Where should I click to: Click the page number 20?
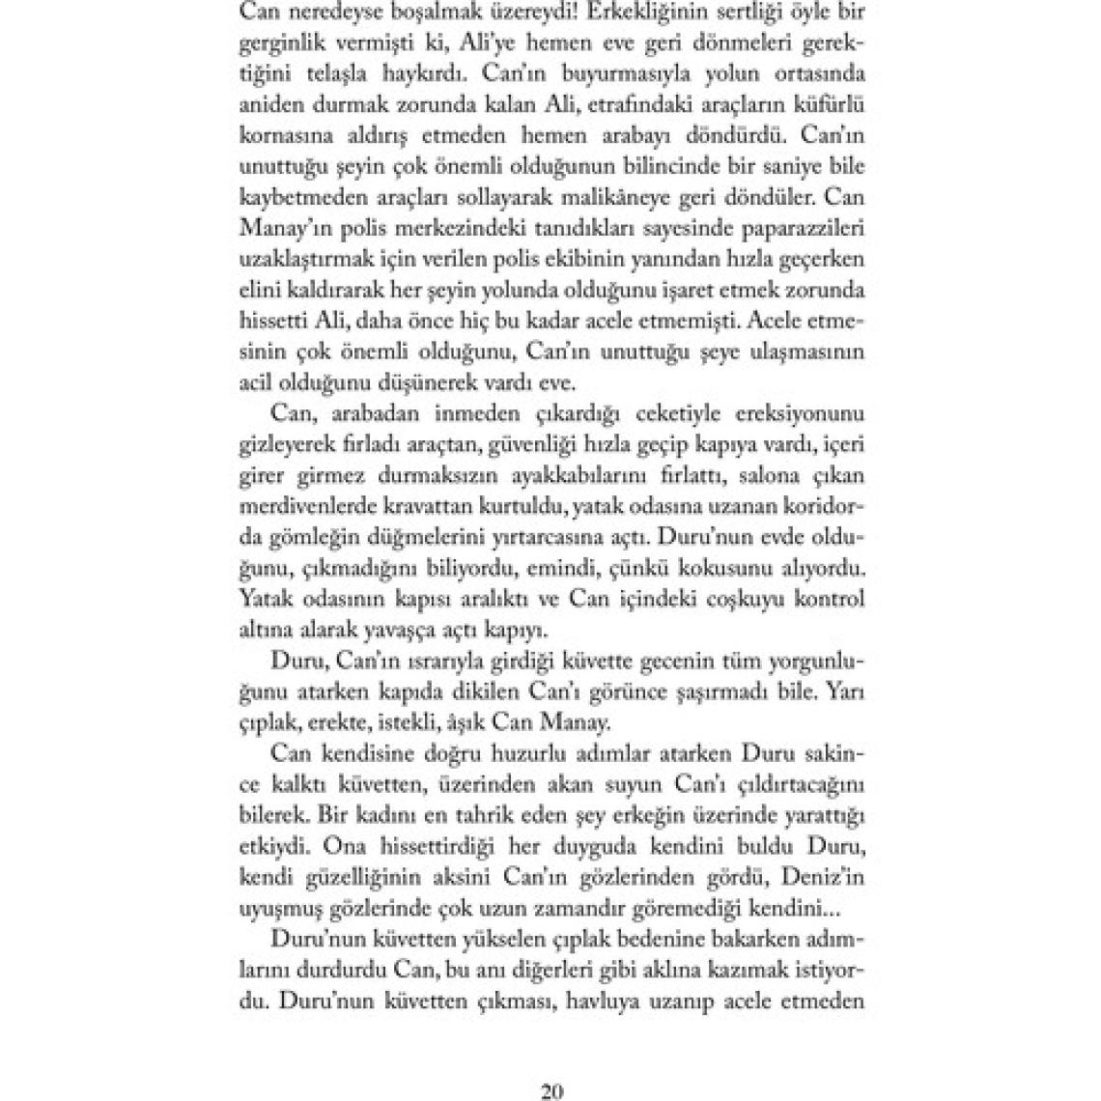(551, 1065)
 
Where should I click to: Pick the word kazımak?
(724, 971)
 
